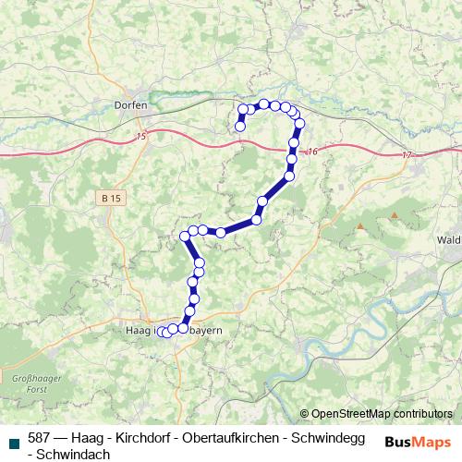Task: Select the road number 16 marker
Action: coord(311,152)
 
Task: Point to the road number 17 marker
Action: coord(407,155)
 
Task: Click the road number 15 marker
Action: coord(140,138)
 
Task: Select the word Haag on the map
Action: coord(137,329)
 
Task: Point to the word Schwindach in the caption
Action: coord(74,454)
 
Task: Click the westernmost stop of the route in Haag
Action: coord(161,331)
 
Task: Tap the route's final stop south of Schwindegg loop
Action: coord(240,127)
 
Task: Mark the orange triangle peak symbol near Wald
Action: coord(395,215)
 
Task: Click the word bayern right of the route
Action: coord(207,329)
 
